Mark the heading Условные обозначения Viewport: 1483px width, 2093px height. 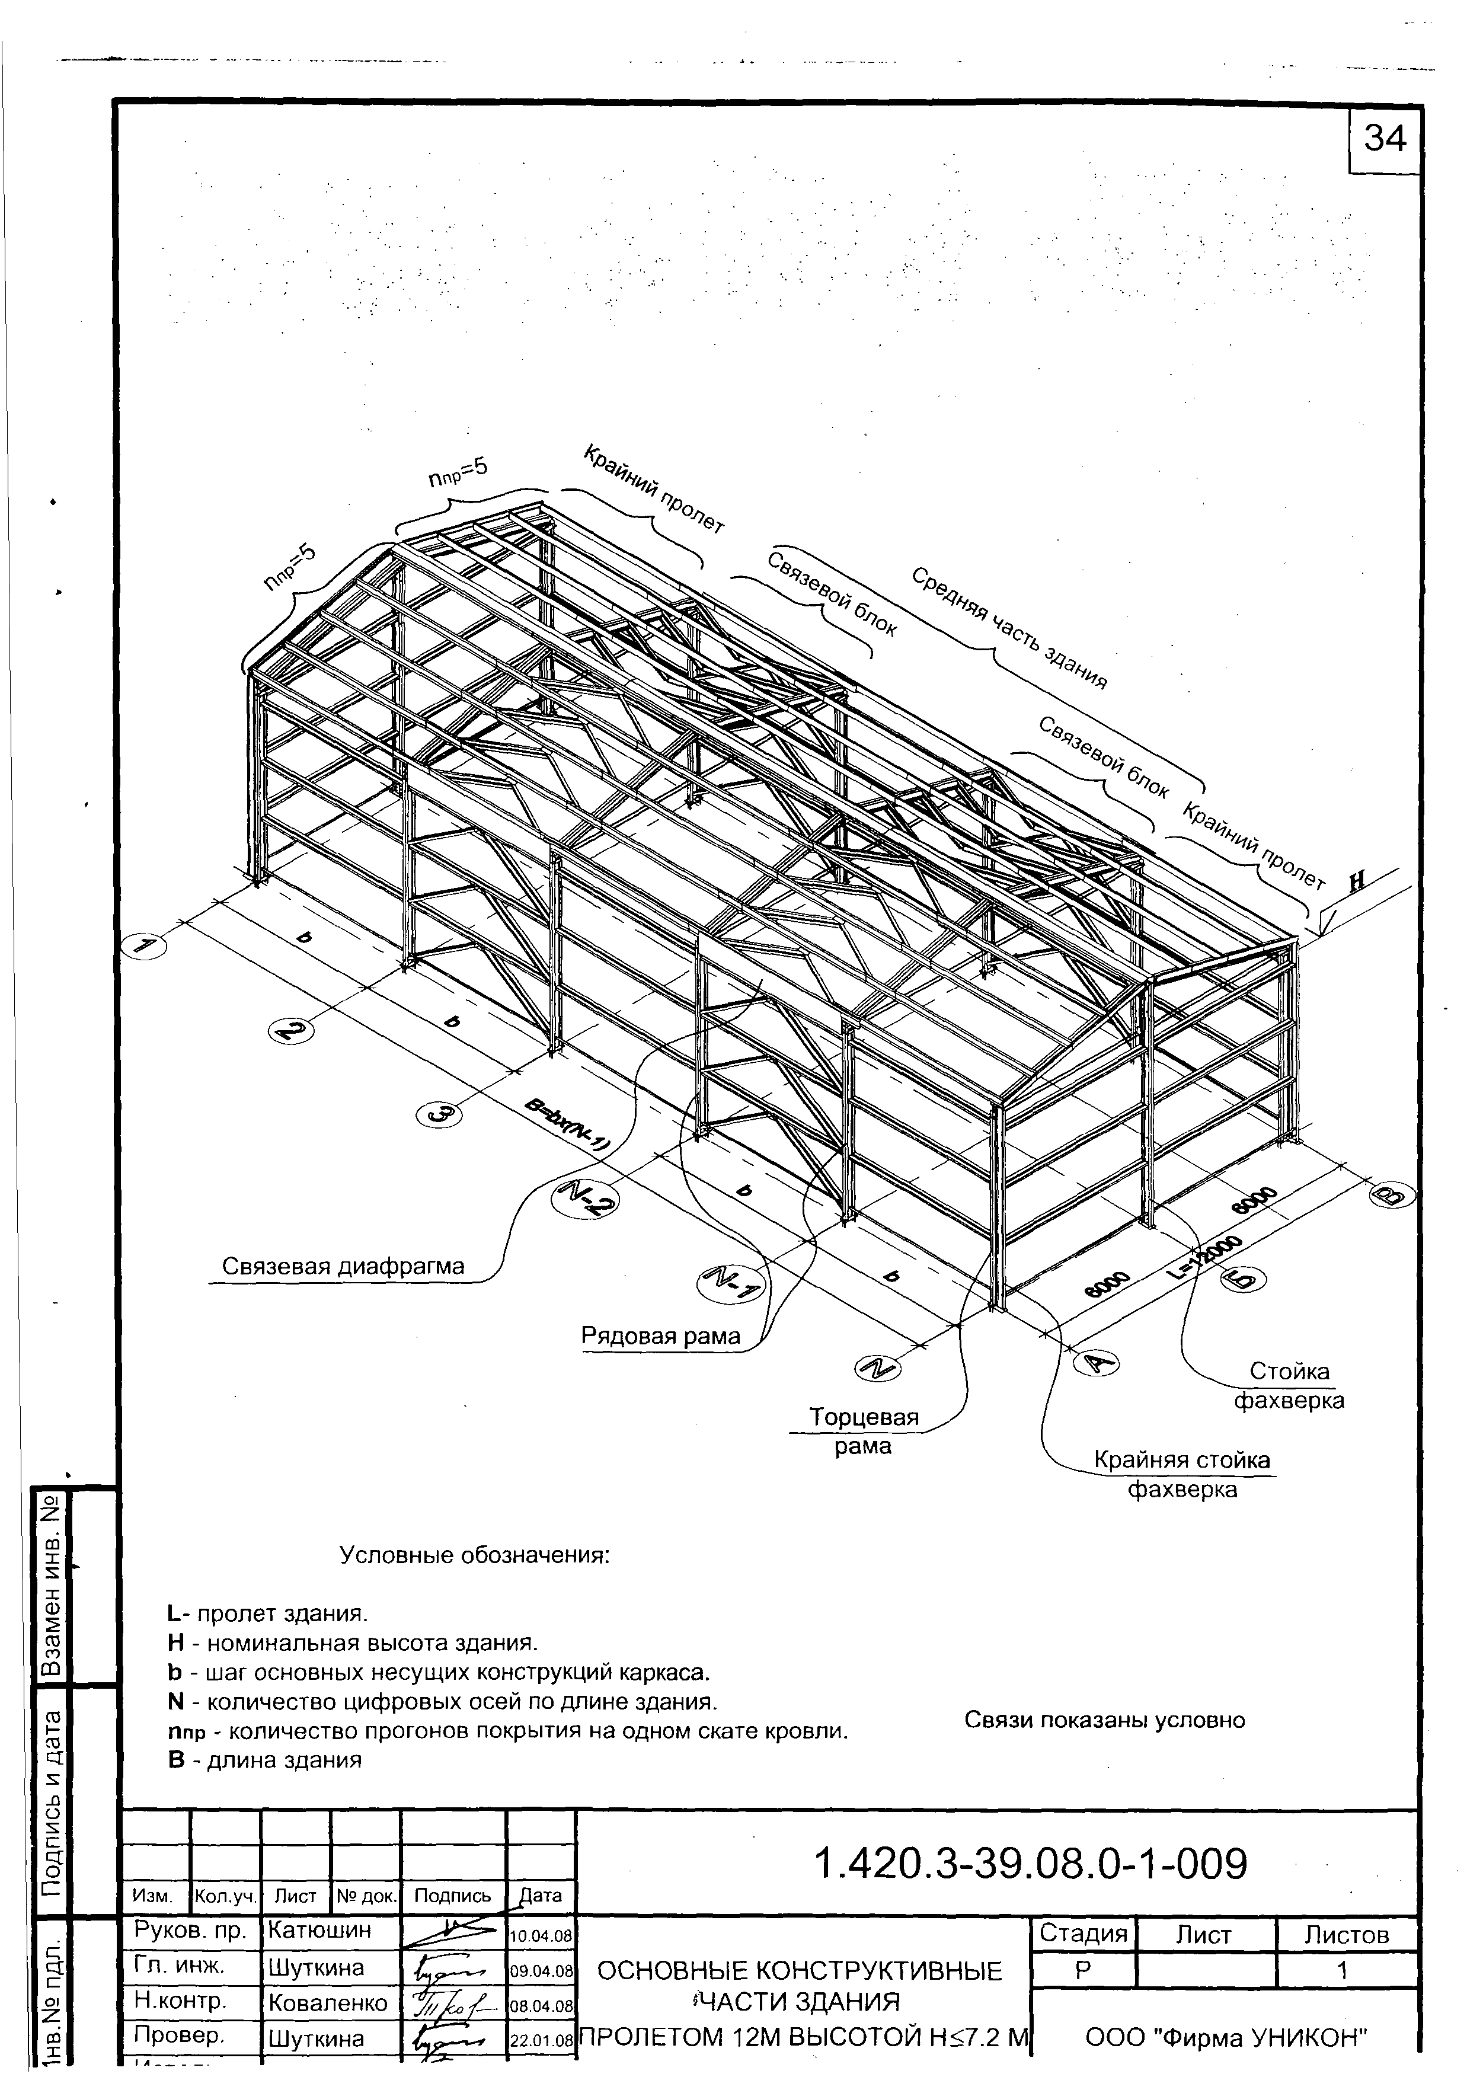(474, 1554)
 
